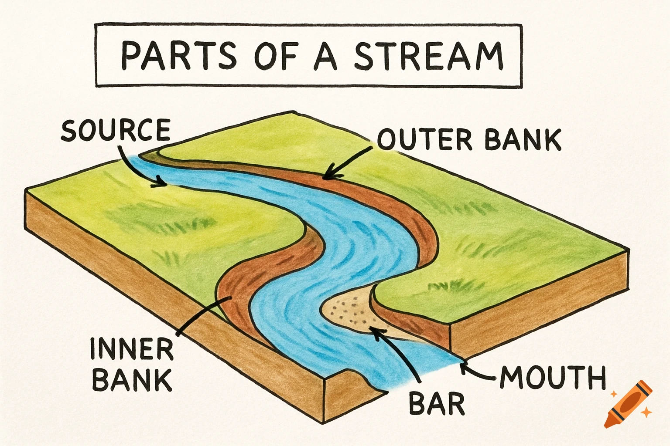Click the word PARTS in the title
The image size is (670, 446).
pyautogui.click(x=178, y=56)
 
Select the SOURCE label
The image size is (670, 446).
pyautogui.click(x=116, y=130)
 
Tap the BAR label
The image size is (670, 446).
pyautogui.click(x=437, y=403)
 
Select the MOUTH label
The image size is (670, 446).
pyautogui.click(x=553, y=377)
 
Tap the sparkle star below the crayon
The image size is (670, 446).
pyautogui.click(x=647, y=412)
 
